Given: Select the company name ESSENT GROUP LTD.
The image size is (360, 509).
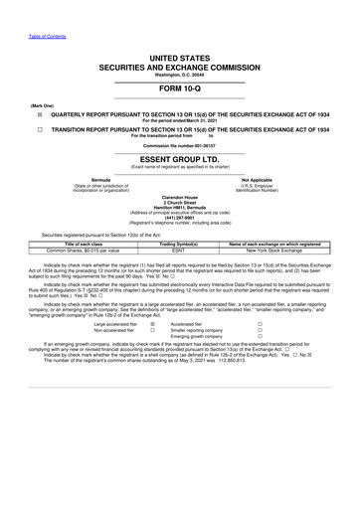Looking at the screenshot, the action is coord(179,169).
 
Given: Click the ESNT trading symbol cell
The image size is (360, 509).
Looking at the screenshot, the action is coord(180,280).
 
